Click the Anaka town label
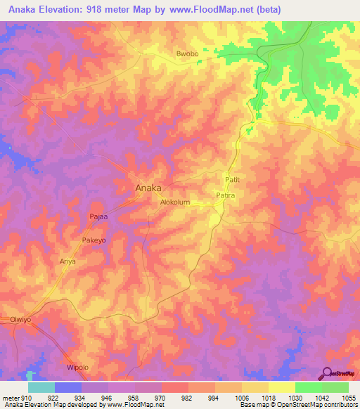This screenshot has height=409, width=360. [x=148, y=188]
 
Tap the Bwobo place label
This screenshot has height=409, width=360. [x=188, y=54]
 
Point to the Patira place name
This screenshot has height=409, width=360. [x=225, y=195]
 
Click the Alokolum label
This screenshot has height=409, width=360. [x=176, y=202]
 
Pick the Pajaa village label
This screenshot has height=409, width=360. [x=98, y=217]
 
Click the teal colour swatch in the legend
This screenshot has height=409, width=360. [x=41, y=387]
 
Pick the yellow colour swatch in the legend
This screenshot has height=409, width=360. [x=281, y=387]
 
